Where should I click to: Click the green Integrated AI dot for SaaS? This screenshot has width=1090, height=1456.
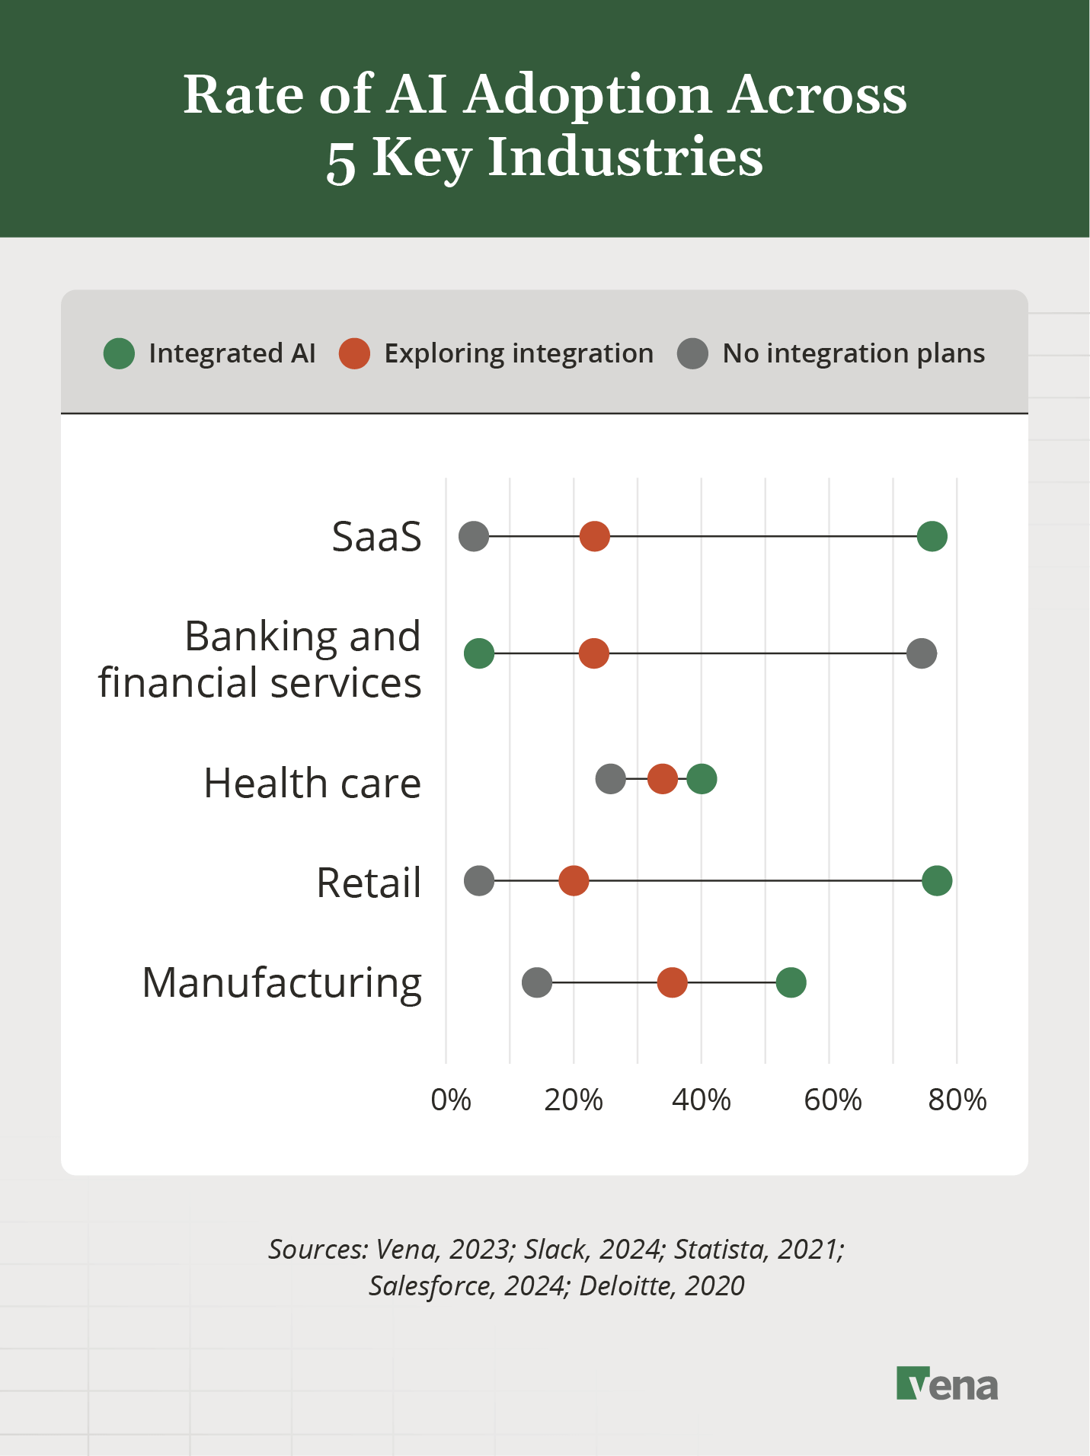click(x=932, y=536)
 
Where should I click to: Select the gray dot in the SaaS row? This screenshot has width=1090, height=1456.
click(x=473, y=536)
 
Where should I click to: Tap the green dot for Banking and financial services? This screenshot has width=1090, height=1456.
click(x=479, y=653)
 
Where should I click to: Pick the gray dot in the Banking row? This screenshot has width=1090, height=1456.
click(x=921, y=653)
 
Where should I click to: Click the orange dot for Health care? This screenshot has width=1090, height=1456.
click(x=662, y=779)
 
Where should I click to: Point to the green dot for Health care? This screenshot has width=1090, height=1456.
click(x=702, y=779)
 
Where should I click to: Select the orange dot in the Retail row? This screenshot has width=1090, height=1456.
click(x=574, y=880)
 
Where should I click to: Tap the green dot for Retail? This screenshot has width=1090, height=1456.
click(x=936, y=880)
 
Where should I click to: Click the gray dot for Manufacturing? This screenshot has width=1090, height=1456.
click(x=537, y=982)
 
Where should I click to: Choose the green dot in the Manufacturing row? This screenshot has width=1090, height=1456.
click(x=791, y=982)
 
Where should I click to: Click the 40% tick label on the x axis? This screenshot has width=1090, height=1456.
click(x=701, y=1100)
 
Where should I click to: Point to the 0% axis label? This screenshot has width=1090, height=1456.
click(x=451, y=1100)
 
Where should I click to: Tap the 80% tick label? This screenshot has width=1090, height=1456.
click(x=957, y=1100)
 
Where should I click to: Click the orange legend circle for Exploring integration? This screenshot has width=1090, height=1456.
click(x=354, y=353)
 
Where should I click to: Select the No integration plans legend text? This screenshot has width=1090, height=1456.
click(x=853, y=353)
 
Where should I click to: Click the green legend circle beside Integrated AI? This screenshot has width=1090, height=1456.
click(x=119, y=353)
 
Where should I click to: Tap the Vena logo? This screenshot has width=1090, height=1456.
click(x=947, y=1384)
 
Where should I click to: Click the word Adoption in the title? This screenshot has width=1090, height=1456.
click(x=588, y=95)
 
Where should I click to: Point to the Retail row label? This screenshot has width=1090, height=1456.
click(x=369, y=883)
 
